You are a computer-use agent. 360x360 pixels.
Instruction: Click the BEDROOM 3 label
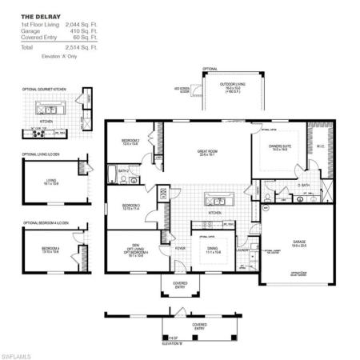(131, 206)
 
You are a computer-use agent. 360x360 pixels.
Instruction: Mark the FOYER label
(181, 249)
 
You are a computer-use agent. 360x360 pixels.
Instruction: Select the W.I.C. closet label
(320, 146)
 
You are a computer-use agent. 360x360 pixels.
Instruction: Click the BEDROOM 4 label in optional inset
(50, 249)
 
